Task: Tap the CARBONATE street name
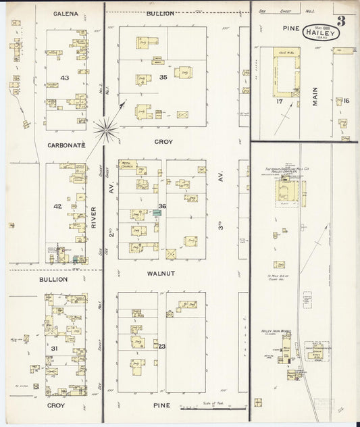[66, 145]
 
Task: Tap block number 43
[64, 78]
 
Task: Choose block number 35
[163, 78]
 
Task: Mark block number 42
[58, 206]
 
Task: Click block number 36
[162, 206]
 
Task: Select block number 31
[53, 348]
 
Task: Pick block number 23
[162, 347]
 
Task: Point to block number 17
[278, 102]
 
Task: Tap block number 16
[346, 101]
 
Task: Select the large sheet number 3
[341, 20]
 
